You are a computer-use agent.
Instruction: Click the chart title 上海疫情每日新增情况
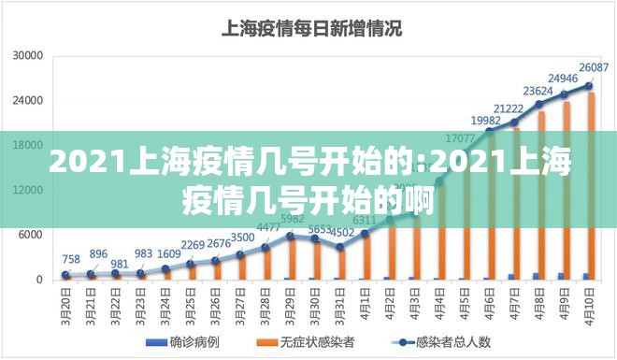(x=310, y=29)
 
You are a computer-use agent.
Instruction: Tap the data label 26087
(x=594, y=67)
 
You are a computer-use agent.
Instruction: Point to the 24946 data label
(x=562, y=78)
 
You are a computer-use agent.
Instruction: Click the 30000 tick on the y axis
(x=28, y=55)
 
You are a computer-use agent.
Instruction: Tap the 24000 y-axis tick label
(x=28, y=100)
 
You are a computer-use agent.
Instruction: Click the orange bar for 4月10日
(x=592, y=187)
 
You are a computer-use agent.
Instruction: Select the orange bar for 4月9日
(x=567, y=191)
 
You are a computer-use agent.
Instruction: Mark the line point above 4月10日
(x=589, y=85)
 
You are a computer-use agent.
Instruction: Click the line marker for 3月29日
(x=290, y=236)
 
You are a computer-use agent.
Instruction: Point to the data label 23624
(x=538, y=91)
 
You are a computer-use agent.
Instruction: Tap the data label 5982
(x=293, y=219)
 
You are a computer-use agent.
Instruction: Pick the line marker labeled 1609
(x=165, y=268)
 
